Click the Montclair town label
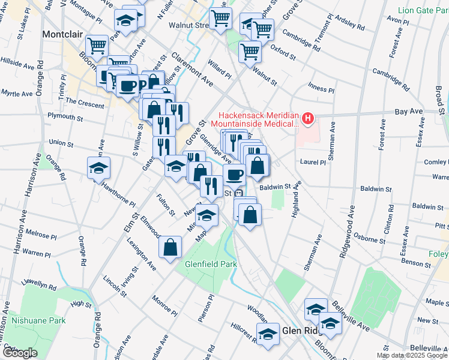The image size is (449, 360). point(61,34)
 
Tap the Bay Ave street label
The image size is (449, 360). point(409,112)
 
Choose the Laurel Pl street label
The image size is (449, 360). point(314,162)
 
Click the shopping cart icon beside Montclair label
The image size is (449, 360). point(96,45)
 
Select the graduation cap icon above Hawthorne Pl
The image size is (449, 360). point(98,168)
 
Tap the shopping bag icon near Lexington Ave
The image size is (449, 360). point(170,245)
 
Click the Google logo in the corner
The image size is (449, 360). point(19,353)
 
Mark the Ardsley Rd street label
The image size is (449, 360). point(351,26)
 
